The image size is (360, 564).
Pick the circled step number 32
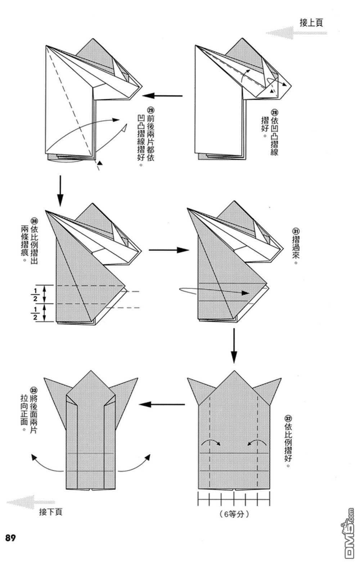point(288,419)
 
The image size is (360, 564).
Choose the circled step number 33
point(33,390)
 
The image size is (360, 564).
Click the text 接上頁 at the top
point(311,23)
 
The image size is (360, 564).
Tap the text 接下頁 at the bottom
point(50,511)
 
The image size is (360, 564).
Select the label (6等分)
point(234,514)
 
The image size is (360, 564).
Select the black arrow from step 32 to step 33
point(162,404)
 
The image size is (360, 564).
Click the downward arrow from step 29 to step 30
point(60,190)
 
